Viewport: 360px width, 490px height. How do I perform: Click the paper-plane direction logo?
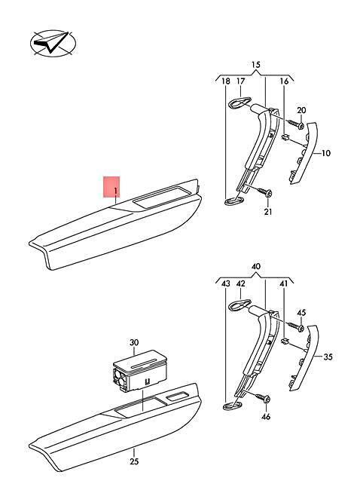point(53,44)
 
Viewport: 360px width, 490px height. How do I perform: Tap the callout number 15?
point(256,65)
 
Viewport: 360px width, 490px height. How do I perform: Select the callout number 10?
point(325,154)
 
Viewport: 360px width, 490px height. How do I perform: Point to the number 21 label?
point(268,212)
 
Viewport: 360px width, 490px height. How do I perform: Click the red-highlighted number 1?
point(115,191)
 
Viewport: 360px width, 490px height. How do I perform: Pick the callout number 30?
point(134,343)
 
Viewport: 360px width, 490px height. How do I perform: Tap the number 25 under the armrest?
point(134,461)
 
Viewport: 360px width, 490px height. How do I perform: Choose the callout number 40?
point(256,267)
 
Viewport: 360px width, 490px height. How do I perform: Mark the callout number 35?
point(328,357)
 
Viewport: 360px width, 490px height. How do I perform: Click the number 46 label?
point(266,417)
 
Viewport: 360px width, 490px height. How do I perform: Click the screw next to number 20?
point(296,124)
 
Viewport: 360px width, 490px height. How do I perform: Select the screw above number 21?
point(265,191)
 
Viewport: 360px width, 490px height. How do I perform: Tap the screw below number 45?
point(296,326)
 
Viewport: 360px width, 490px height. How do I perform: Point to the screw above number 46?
point(263,398)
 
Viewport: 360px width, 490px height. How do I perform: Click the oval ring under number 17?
point(239,103)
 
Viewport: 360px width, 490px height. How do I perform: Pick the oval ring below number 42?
point(239,305)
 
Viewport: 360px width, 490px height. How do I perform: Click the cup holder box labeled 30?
point(139,370)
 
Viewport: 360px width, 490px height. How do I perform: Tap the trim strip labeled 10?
point(304,153)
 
